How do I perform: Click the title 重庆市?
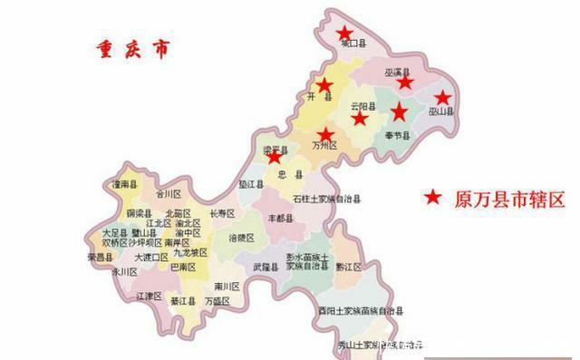pos(130,49)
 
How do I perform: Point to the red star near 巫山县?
pos(441,97)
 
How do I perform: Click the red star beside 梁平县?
pos(274,157)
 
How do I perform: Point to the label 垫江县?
pos(250,183)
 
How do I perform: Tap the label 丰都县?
pos(282,219)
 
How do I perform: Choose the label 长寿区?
pos(222,214)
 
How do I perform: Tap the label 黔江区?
pos(348,268)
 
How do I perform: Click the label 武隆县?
pos(266,268)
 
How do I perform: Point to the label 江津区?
pos(149,297)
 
